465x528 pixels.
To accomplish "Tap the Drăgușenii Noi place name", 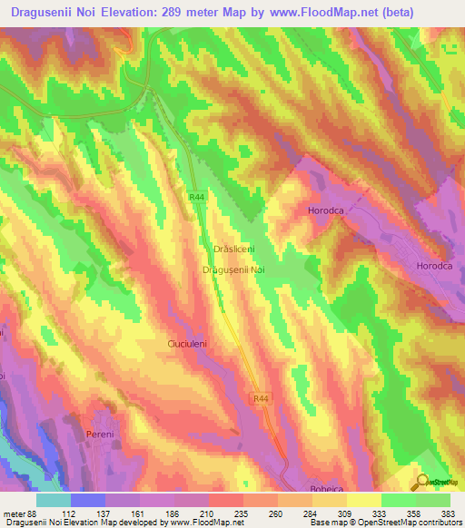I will [x=232, y=270].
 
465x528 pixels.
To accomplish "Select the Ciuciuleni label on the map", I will [x=191, y=345].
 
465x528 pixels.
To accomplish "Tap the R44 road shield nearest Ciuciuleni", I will [x=262, y=397].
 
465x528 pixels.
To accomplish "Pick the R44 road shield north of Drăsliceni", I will [x=197, y=197].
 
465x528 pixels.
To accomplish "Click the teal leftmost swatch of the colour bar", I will [x=54, y=499].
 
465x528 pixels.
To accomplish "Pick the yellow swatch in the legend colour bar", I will [x=363, y=499].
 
